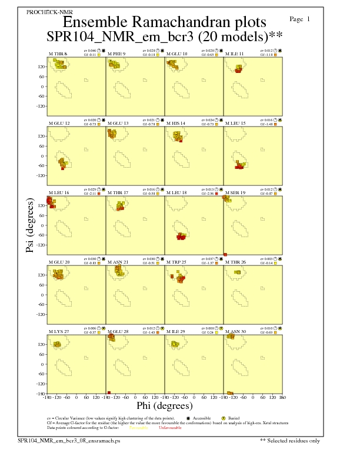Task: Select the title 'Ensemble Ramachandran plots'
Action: [x=165, y=22]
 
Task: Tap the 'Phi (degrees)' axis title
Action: [x=164, y=406]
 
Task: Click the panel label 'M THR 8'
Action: [x=58, y=54]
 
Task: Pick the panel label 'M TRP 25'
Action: [x=176, y=262]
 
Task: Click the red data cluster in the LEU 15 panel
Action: [x=239, y=167]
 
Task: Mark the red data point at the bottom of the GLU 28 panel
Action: [x=109, y=392]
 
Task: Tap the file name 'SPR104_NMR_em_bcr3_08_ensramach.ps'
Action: [x=69, y=440]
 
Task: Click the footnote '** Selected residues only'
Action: [x=290, y=440]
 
